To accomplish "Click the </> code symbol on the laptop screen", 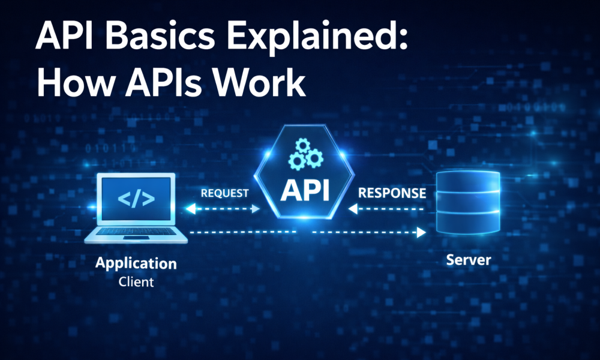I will [x=136, y=199].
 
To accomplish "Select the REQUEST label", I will [x=224, y=193].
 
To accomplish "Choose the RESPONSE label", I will [x=392, y=193].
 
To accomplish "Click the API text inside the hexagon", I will [x=305, y=190].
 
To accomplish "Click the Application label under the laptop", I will [x=136, y=263].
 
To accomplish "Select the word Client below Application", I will [x=136, y=281].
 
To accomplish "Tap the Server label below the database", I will [x=468, y=260].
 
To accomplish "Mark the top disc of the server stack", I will [x=468, y=182].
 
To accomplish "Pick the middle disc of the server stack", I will [x=468, y=204].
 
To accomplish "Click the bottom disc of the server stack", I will [x=468, y=225].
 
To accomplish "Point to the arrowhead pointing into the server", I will [x=422, y=232].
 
